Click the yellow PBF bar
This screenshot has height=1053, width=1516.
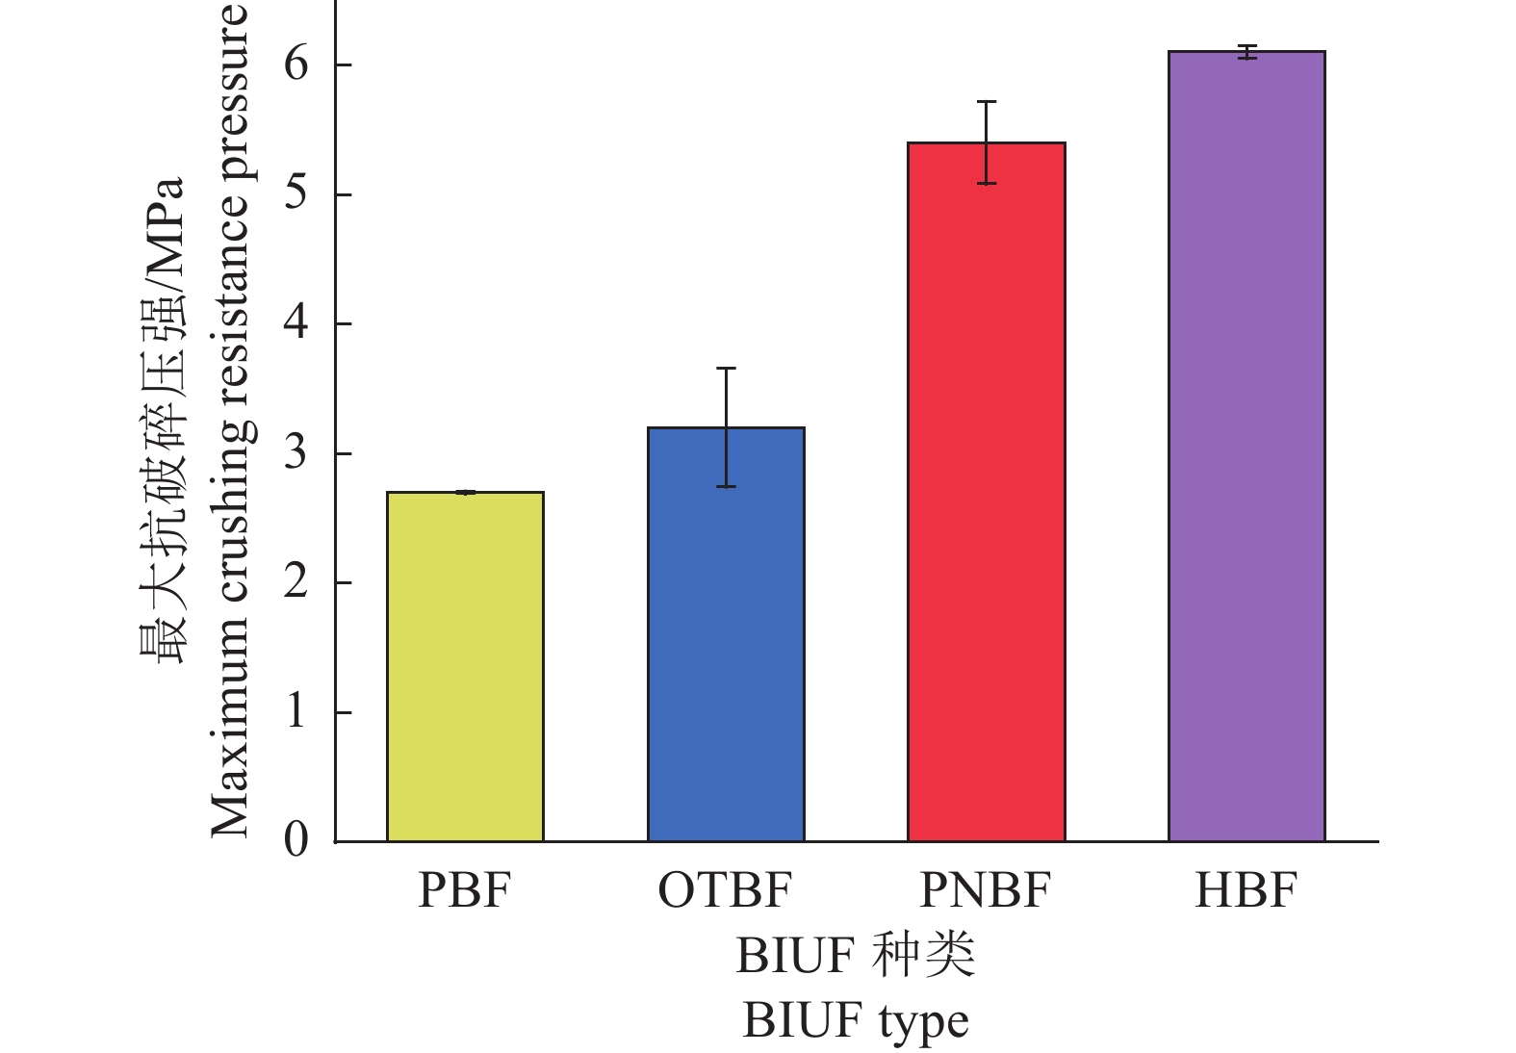coord(465,666)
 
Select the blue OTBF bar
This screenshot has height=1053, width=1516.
coord(726,634)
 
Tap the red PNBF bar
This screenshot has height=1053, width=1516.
coord(986,492)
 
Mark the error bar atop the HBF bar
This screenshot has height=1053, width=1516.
coord(1247,52)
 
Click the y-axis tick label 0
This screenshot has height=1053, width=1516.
coord(296,840)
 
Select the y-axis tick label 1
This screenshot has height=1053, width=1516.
coord(296,711)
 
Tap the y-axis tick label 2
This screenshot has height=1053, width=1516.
coord(296,581)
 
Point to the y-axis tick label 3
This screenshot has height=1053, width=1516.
coord(296,452)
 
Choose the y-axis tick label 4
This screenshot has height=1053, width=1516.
coord(296,322)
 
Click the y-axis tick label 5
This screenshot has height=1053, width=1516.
coord(296,193)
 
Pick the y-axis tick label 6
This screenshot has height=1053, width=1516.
coord(296,64)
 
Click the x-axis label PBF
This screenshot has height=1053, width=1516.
coord(464,890)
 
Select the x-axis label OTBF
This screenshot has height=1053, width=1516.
coord(725,890)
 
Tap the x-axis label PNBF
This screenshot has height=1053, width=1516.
coord(985,890)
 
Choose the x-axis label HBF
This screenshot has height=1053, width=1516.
coord(1246,890)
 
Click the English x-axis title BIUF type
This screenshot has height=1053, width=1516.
coord(855,1022)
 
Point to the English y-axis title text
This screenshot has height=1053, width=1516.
coord(231,421)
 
